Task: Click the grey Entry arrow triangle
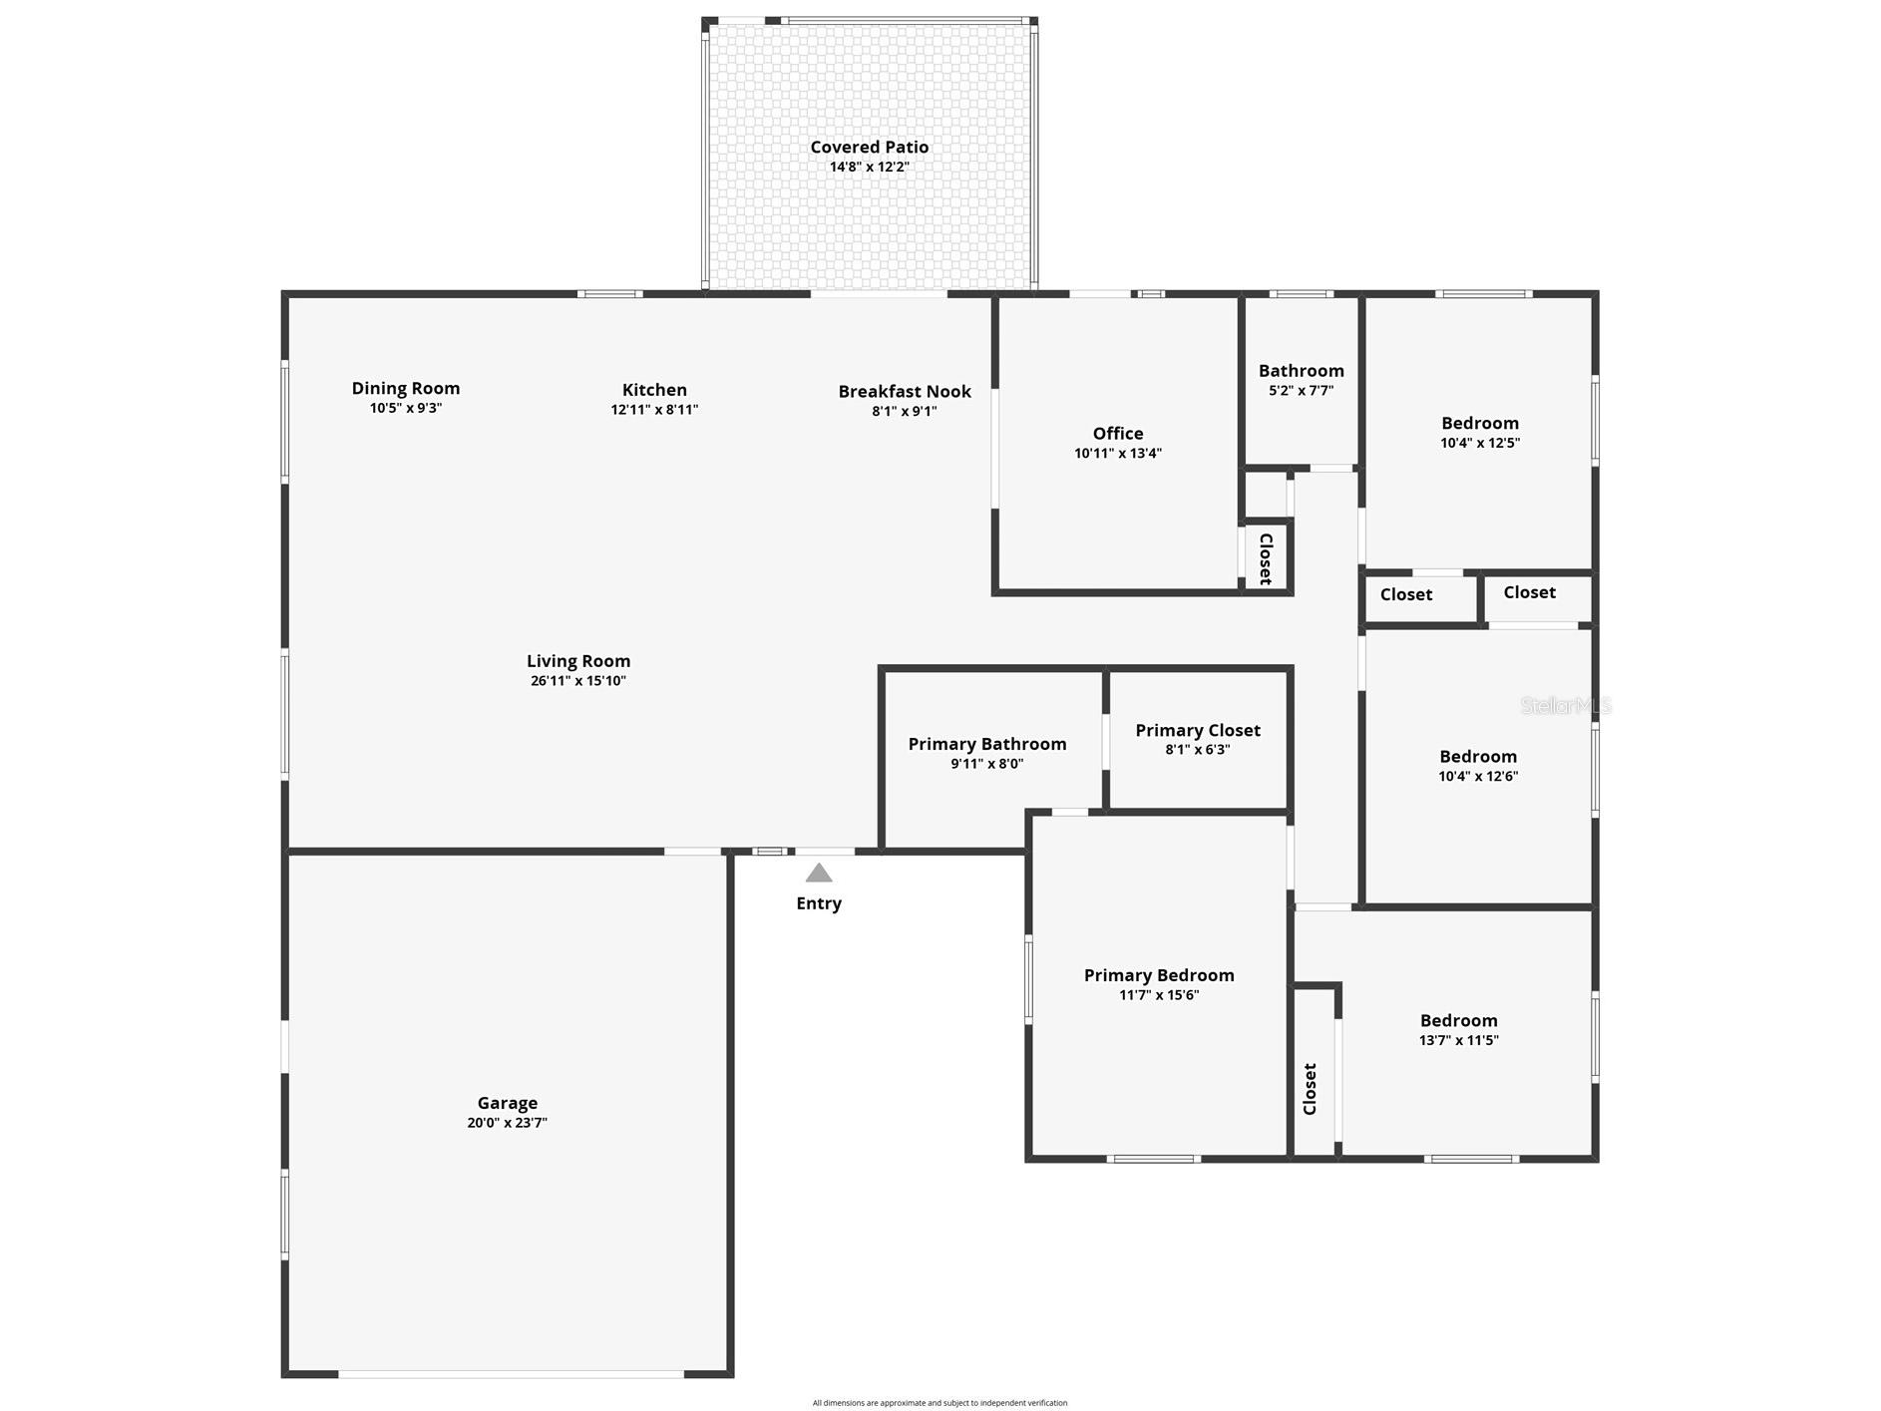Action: (x=819, y=874)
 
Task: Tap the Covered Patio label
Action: (x=870, y=148)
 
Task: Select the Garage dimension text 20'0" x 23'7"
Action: (x=508, y=1123)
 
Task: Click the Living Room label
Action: (x=578, y=661)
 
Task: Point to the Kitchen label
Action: (x=654, y=390)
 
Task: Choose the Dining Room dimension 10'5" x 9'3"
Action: (x=406, y=408)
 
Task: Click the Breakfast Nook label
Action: (x=905, y=392)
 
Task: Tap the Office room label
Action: (x=1118, y=434)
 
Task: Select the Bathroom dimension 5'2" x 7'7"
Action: (x=1302, y=391)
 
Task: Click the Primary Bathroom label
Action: (x=987, y=744)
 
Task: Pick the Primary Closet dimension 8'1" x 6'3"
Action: (x=1198, y=750)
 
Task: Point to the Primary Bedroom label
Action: (x=1159, y=975)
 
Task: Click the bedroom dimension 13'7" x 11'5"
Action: (x=1459, y=1040)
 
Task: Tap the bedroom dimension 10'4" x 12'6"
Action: (x=1478, y=776)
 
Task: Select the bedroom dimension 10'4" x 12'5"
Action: (x=1480, y=443)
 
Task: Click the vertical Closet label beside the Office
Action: (x=1266, y=558)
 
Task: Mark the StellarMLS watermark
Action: (x=1566, y=706)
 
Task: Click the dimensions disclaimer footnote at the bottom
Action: (x=940, y=1403)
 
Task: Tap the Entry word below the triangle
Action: (x=819, y=903)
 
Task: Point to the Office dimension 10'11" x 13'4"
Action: (x=1118, y=454)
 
